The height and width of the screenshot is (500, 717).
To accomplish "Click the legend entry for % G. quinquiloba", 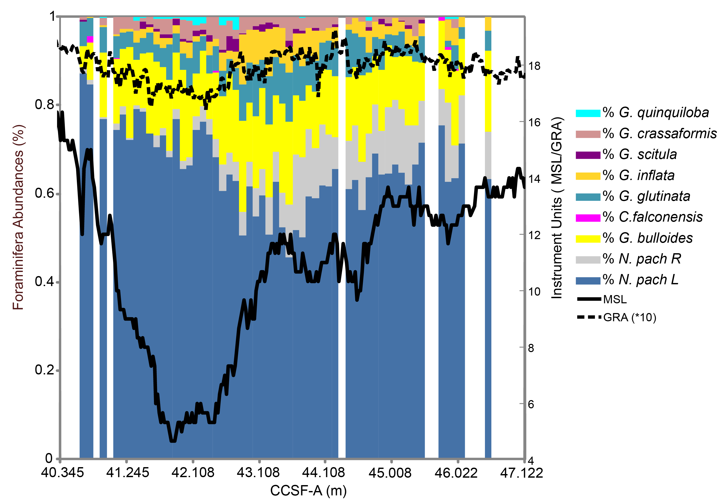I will pyautogui.click(x=656, y=113).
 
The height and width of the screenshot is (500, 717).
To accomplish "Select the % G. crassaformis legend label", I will pyautogui.click(x=659, y=134).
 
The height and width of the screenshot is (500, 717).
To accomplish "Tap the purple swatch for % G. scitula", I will pyautogui.click(x=588, y=155).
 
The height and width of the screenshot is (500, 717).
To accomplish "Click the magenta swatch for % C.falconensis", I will pyautogui.click(x=588, y=218).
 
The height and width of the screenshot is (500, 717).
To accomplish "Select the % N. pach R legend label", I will pyautogui.click(x=641, y=259).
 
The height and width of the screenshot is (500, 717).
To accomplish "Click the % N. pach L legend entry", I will pyautogui.click(x=640, y=280).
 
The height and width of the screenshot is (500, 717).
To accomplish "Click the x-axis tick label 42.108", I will pyautogui.click(x=193, y=473).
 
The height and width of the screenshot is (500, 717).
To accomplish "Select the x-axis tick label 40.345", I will pyautogui.click(x=62, y=473).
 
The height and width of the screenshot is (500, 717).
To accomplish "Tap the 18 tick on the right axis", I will pyautogui.click(x=534, y=66).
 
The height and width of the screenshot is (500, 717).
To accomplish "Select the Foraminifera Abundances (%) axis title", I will pyautogui.click(x=18, y=217).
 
